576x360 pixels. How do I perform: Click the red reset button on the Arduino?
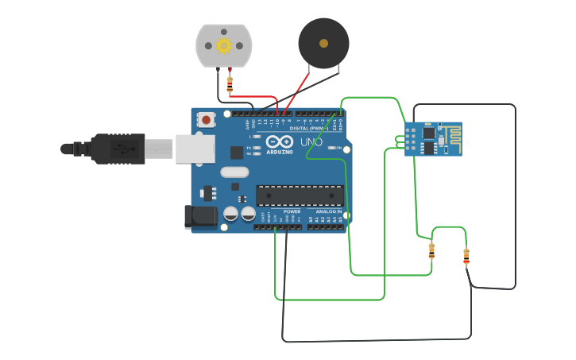coord(207,120)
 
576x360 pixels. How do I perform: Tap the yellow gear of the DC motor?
coord(223,45)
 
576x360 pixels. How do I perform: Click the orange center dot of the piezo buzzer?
coord(323,43)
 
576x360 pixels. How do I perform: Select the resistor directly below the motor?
coord(230,83)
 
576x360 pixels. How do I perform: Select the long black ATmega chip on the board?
coord(300,195)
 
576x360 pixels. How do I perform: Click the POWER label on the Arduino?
coord(292,211)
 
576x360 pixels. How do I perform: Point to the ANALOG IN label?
coord(329,211)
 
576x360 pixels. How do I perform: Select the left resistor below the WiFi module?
coord(431,251)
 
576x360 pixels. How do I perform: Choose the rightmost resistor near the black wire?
coord(466,256)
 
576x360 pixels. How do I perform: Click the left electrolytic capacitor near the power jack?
coord(230,214)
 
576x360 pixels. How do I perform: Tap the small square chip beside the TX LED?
coord(237,152)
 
